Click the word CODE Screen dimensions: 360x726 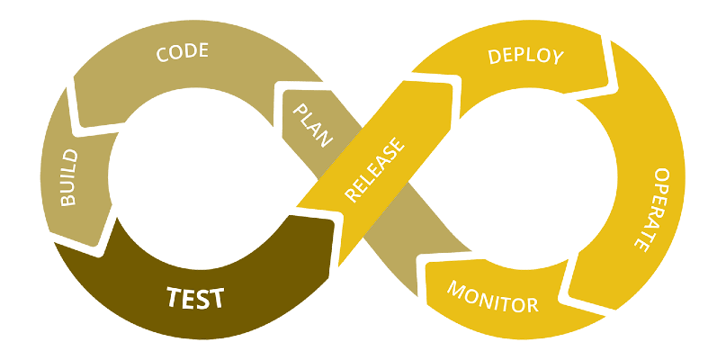pos(183,52)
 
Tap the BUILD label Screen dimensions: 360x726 pos(68,177)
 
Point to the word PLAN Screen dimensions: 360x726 pos(314,124)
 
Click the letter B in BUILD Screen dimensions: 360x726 pos(68,200)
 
